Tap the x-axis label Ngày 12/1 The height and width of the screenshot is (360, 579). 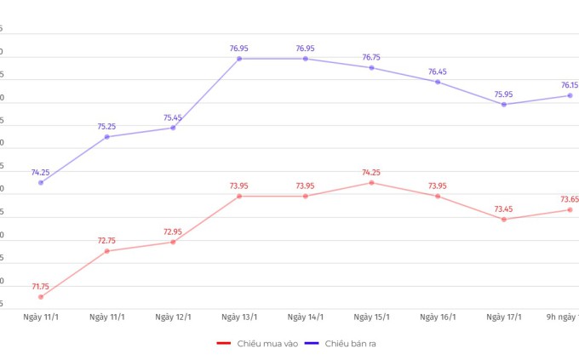click(173, 317)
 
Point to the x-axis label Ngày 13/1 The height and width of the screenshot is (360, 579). click(239, 317)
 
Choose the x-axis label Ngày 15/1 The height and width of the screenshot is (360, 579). click(371, 317)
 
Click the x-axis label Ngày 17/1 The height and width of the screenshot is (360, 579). click(504, 317)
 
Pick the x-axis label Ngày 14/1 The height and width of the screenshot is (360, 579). click(305, 317)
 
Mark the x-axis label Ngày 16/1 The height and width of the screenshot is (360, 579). click(438, 317)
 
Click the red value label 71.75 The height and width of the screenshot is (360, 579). click(41, 287)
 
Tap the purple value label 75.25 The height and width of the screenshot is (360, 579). click(106, 127)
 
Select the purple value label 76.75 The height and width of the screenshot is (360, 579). click(371, 58)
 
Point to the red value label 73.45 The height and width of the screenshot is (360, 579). click(504, 209)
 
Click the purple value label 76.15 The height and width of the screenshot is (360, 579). click(569, 85)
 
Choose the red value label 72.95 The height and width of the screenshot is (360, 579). click(173, 231)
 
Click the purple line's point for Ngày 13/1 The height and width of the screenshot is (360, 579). click(239, 59)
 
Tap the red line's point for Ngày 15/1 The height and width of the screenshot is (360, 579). click(371, 183)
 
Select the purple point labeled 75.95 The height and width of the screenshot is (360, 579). click(504, 105)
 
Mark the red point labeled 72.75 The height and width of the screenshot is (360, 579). click(106, 251)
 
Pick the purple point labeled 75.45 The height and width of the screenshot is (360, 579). click(173, 128)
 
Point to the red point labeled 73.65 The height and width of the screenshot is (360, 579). click(570, 210)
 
